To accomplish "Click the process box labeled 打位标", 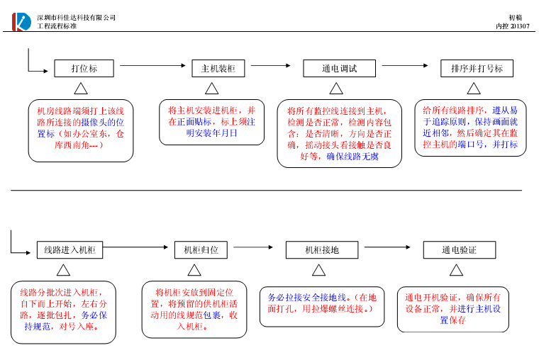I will coord(84,69).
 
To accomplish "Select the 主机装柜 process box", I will coord(218,69).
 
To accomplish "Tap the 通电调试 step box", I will coord(339,69).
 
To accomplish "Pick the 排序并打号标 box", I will coord(477,69).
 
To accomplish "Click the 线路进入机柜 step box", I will coord(70,250).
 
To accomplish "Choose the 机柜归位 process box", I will coord(201,250).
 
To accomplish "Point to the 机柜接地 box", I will coord(322,250).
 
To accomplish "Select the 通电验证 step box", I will coord(459,250).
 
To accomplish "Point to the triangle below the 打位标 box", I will coord(81,89).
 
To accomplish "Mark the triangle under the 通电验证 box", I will coord(456,270).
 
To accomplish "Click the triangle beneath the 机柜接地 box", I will coord(318,270).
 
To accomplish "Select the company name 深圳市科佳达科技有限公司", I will coord(76,17).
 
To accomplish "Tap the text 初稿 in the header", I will coord(516,17).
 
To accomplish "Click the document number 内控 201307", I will coord(512,26).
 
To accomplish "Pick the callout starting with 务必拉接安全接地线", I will coord(322,305).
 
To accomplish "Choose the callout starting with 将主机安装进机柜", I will coord(211,122).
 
